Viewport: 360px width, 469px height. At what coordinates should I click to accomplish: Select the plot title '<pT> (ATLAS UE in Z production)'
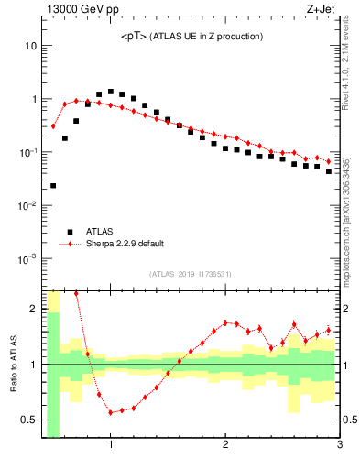(x=191, y=37)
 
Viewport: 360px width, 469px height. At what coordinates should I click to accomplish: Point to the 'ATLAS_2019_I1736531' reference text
(x=191, y=274)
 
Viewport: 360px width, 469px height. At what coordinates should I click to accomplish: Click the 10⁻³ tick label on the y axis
(x=27, y=258)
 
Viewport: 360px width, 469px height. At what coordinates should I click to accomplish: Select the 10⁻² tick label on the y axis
(x=27, y=205)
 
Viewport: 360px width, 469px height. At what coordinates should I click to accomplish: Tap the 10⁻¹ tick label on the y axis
(x=27, y=152)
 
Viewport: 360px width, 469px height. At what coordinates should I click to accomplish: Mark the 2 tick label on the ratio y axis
(x=33, y=309)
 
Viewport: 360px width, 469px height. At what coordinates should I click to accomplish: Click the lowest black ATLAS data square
(x=53, y=185)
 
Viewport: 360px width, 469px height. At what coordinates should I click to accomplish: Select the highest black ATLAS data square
(x=111, y=92)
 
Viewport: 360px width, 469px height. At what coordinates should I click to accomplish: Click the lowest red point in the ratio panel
(x=111, y=412)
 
